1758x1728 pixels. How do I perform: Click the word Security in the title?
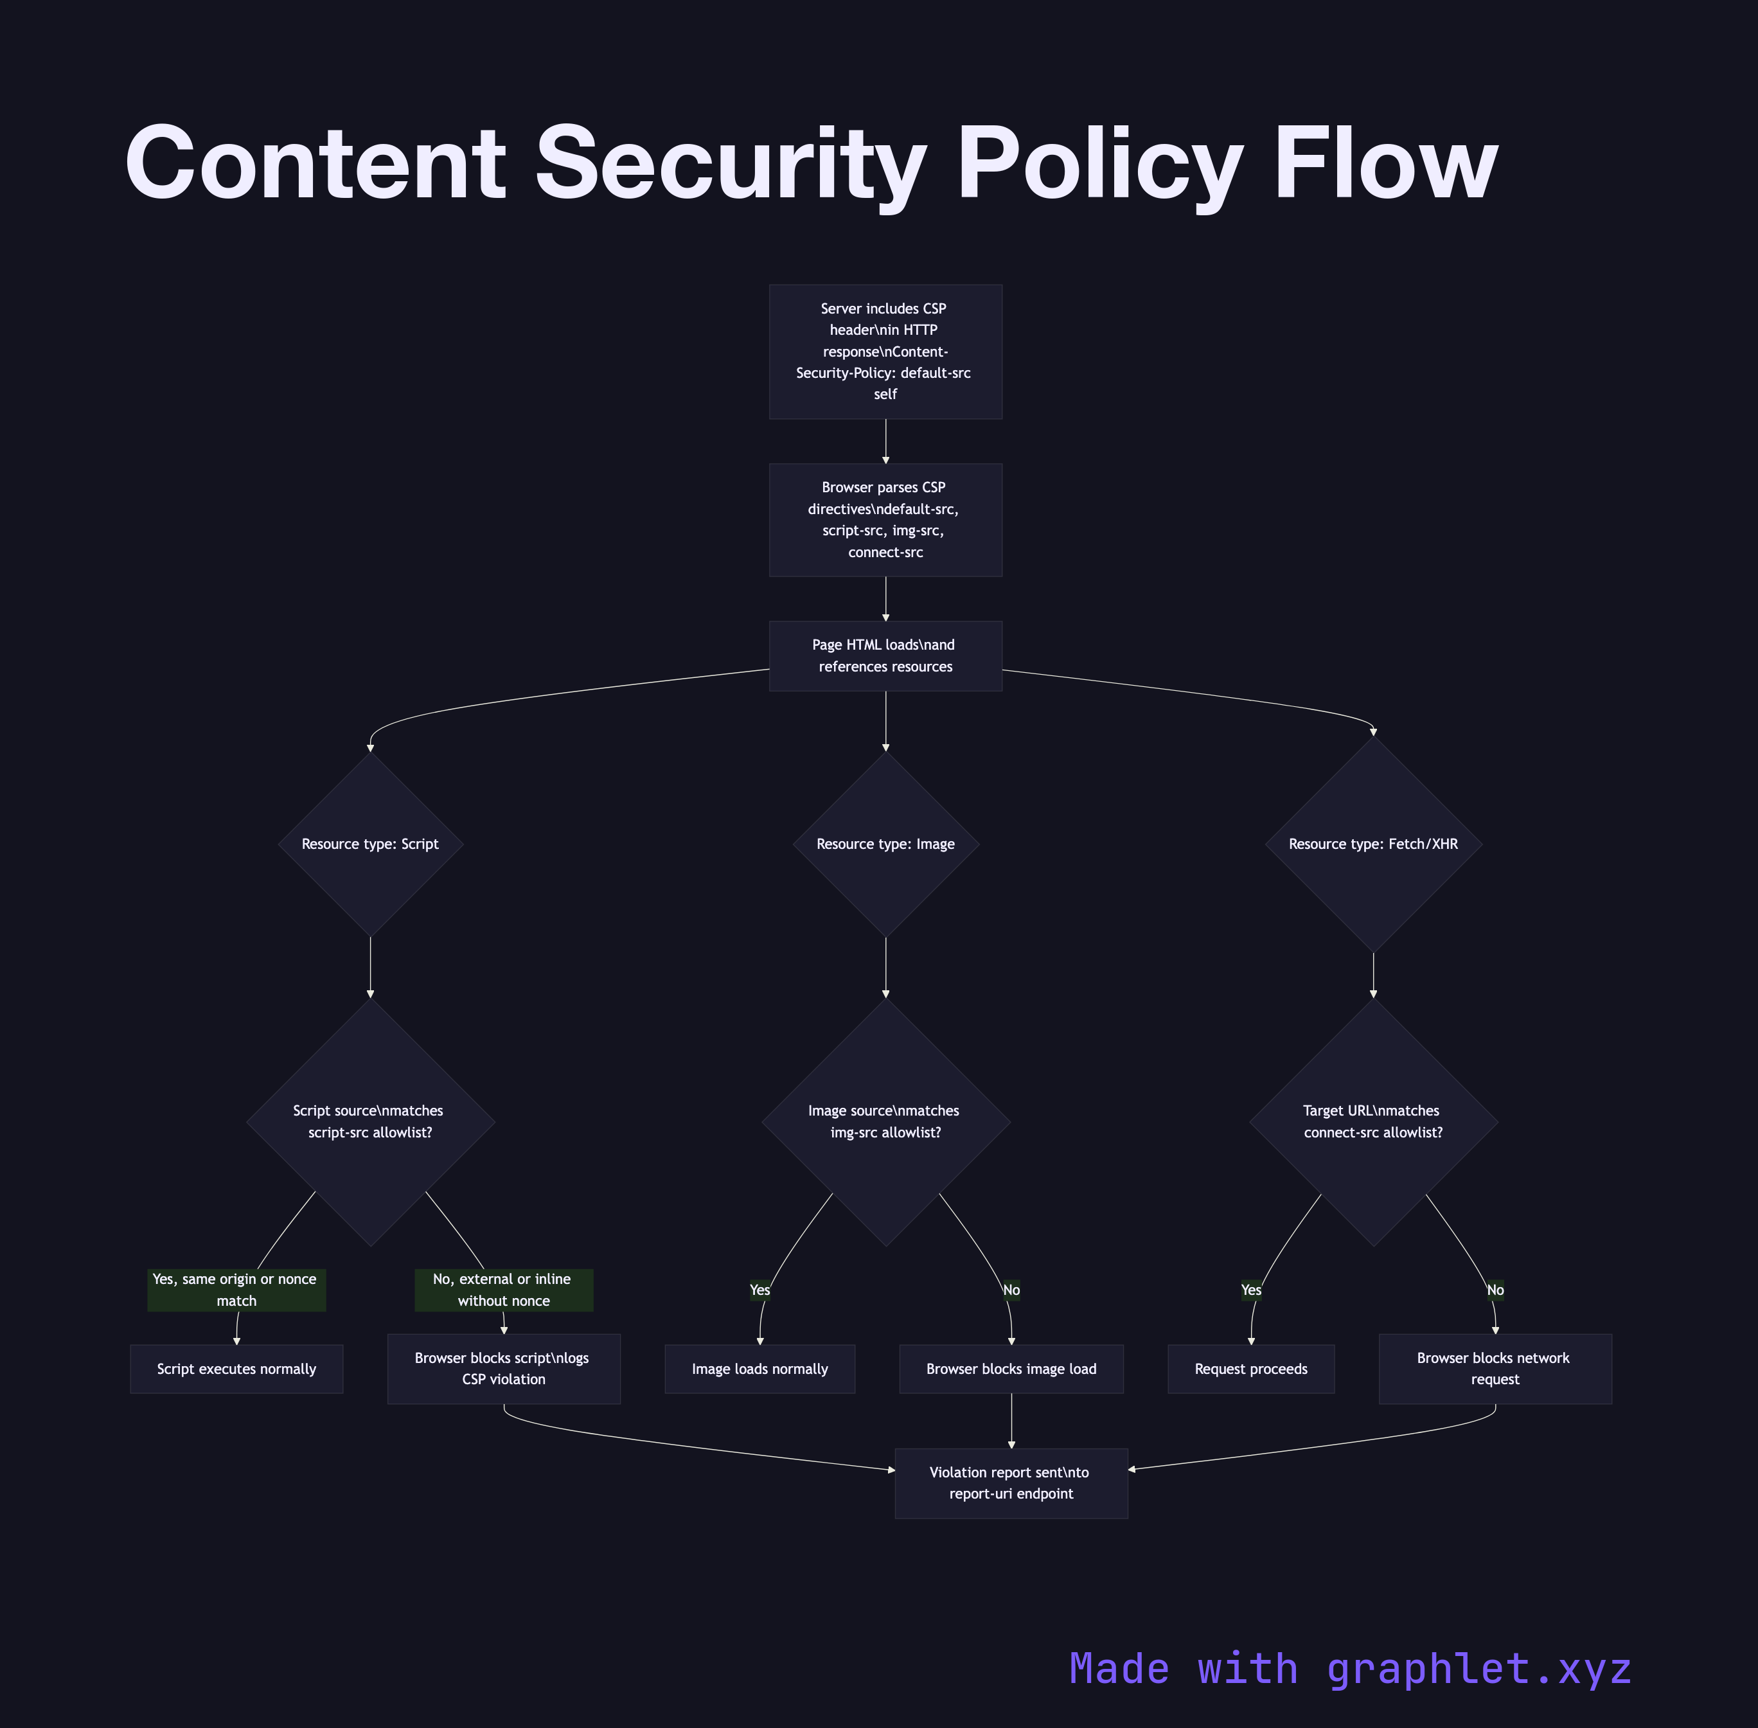coord(731,163)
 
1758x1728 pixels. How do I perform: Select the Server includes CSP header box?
coord(885,352)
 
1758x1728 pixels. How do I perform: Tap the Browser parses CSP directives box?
coord(885,519)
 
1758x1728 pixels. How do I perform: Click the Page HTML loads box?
coord(885,655)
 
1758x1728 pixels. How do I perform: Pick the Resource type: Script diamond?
coord(370,844)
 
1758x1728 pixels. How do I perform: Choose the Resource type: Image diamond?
coord(885,844)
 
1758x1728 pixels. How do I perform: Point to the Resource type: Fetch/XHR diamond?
coord(1373,844)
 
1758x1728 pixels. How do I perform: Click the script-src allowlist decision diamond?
coord(370,1122)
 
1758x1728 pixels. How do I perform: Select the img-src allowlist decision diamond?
coord(885,1122)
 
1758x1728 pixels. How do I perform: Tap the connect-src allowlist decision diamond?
coord(1373,1122)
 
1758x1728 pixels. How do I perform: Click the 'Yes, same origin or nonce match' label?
coord(236,1290)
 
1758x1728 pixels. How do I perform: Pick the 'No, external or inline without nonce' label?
coord(504,1290)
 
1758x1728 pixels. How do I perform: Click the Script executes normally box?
coord(236,1369)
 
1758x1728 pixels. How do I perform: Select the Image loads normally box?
coord(759,1369)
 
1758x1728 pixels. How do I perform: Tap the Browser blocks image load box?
coord(1011,1369)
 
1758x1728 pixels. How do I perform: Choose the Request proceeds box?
coord(1250,1369)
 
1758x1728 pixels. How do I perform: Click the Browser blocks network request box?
coord(1495,1369)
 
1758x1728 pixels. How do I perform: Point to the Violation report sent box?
coord(1011,1483)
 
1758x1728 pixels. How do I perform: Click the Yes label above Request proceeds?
coord(1250,1290)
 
